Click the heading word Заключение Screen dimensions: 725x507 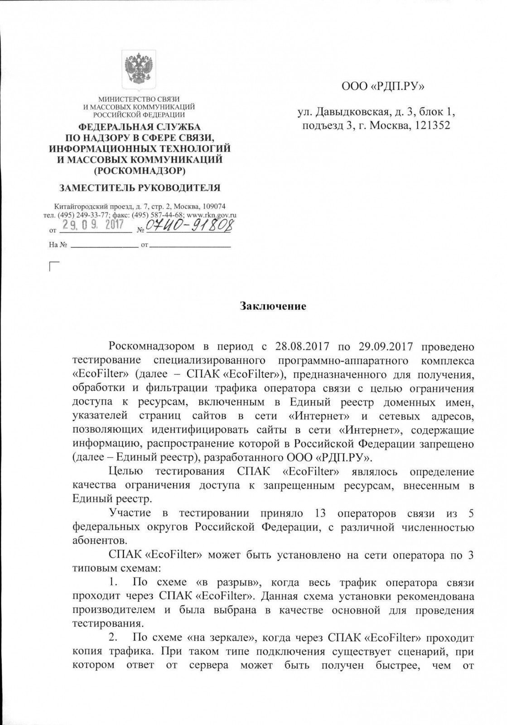click(x=273, y=306)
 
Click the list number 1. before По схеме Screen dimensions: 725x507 click(x=115, y=581)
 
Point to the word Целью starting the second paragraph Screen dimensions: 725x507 click(x=126, y=472)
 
